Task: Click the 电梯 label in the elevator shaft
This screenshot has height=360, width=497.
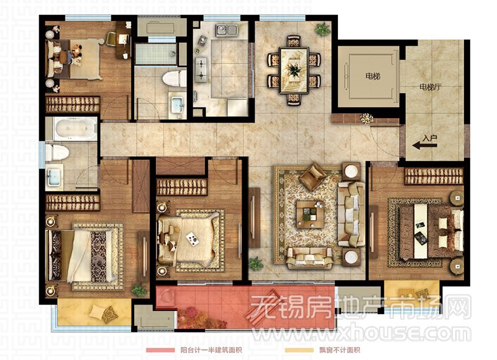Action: [x=372, y=76]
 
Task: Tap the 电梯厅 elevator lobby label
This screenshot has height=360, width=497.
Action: [x=430, y=86]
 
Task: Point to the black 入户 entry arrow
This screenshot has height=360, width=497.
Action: [x=424, y=145]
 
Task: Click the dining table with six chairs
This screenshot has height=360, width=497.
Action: [x=294, y=70]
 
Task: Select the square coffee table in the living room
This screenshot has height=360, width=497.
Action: [x=310, y=214]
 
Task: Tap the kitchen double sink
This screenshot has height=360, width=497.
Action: [x=227, y=30]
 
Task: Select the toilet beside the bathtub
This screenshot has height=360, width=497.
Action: [x=57, y=152]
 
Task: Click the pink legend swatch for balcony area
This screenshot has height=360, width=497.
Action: [x=160, y=350]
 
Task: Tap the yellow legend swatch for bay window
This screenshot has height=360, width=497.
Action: [x=299, y=350]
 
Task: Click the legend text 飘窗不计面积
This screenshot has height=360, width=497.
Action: [x=339, y=350]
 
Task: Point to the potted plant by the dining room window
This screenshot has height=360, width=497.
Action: [x=322, y=29]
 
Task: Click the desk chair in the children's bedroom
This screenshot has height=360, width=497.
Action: [x=111, y=39]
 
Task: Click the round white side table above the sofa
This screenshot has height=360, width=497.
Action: [x=351, y=172]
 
